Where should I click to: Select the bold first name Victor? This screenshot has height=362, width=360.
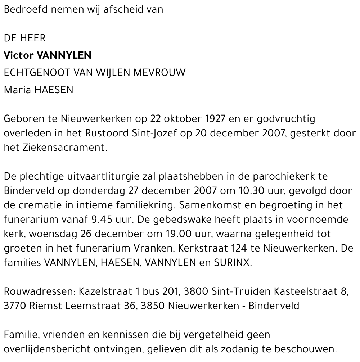click(x=18, y=55)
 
